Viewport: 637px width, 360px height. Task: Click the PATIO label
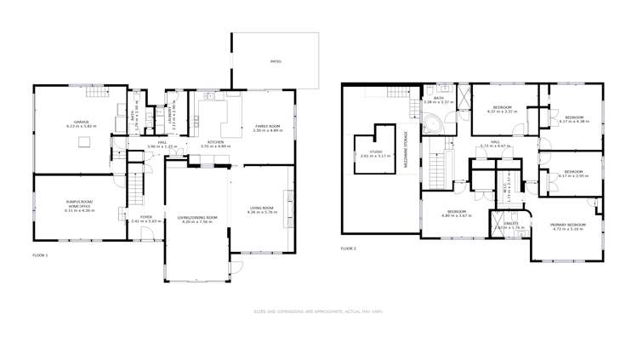click(276, 62)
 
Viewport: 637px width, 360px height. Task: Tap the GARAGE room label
click(82, 123)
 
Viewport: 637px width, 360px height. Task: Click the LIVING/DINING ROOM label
click(197, 217)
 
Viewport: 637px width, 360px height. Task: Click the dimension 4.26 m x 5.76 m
click(261, 212)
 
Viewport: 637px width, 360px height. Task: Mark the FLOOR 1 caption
click(40, 254)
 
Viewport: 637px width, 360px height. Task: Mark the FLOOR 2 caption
click(348, 248)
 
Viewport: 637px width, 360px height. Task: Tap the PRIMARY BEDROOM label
click(564, 225)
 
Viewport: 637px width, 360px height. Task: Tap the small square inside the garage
click(83, 143)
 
